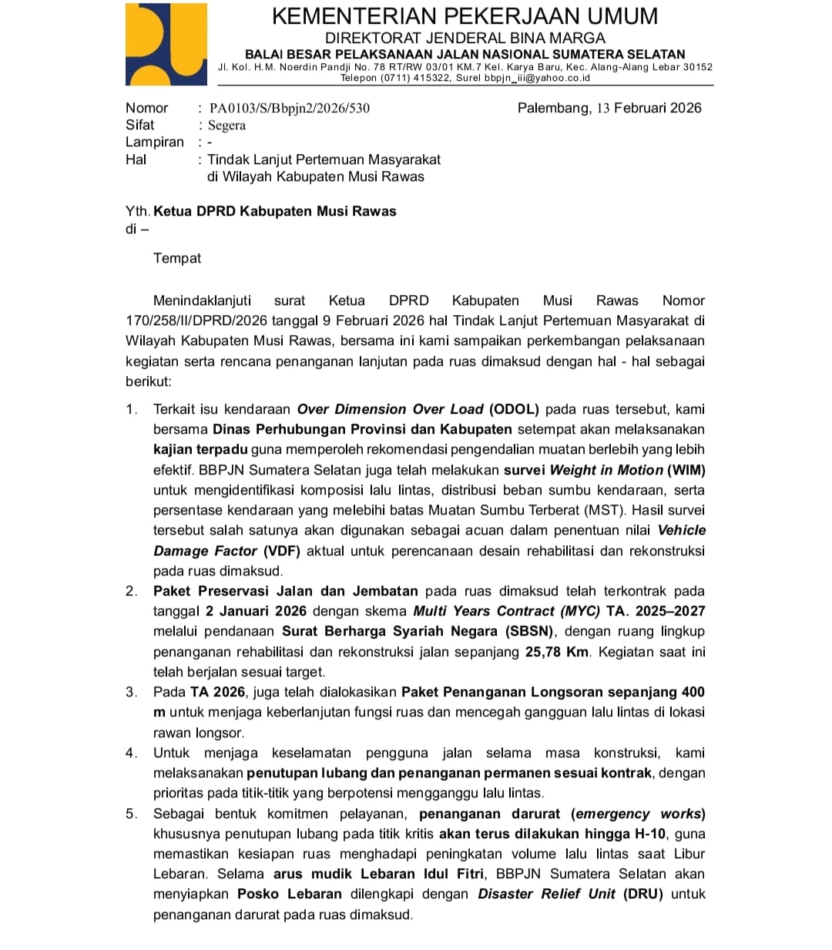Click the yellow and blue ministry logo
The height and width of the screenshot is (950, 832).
166,44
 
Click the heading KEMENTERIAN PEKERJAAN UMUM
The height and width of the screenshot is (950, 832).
465,16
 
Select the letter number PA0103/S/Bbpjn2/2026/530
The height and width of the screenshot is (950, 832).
289,109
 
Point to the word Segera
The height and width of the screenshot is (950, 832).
226,126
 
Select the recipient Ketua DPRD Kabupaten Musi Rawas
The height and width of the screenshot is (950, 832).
274,211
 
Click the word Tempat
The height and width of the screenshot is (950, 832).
177,258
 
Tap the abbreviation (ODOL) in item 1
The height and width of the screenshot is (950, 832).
515,409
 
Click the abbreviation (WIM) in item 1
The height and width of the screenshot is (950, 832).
686,470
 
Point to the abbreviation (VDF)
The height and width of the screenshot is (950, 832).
282,551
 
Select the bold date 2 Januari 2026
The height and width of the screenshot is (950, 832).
256,611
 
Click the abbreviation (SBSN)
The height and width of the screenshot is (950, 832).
529,631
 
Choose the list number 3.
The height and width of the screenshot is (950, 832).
132,692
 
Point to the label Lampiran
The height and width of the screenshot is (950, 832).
155,143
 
